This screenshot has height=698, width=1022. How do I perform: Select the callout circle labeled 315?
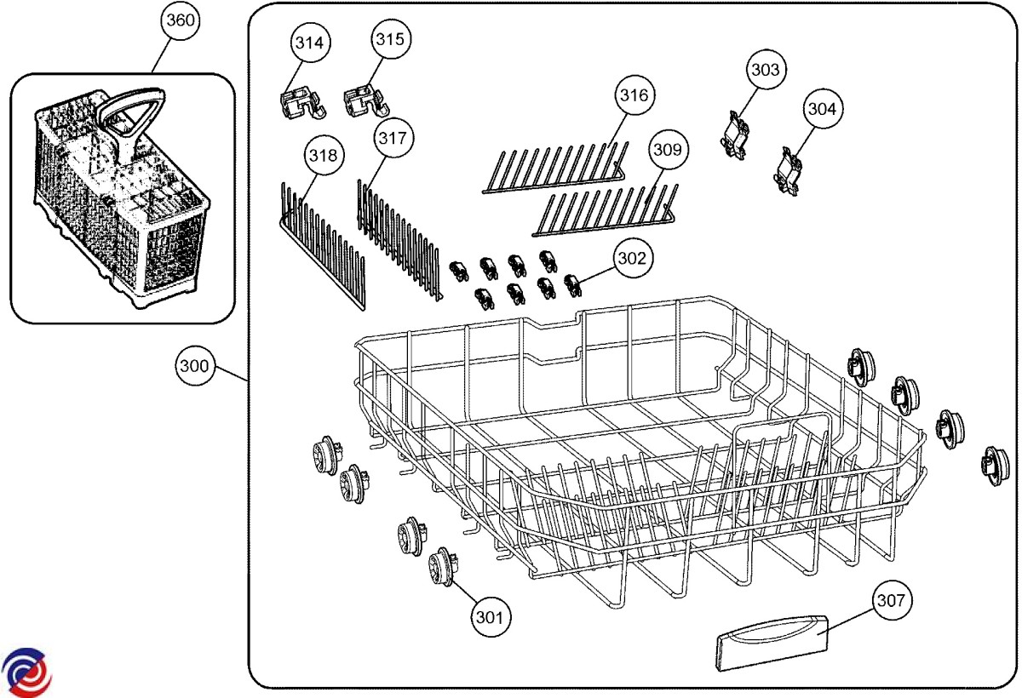click(391, 40)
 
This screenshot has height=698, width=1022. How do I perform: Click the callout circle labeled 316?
click(633, 95)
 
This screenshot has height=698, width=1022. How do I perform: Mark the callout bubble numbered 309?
click(668, 150)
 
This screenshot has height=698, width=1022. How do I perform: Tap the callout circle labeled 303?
click(764, 70)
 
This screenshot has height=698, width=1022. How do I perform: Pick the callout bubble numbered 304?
click(821, 109)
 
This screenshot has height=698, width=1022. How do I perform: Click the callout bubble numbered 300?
click(193, 367)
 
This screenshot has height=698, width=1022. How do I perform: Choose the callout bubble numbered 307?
click(890, 601)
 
